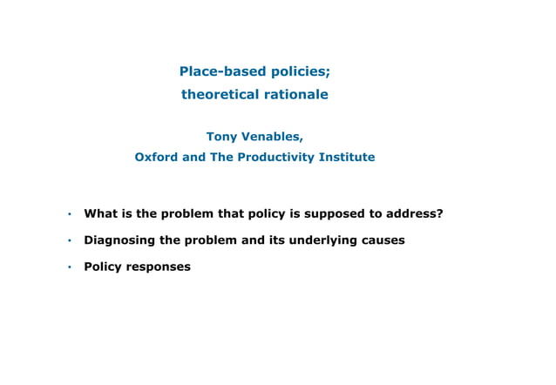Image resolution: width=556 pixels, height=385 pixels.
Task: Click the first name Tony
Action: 221,136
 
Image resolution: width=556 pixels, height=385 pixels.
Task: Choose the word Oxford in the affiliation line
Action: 155,158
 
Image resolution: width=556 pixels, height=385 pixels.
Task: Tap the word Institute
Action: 348,158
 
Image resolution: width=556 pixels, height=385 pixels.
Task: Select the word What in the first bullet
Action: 98,213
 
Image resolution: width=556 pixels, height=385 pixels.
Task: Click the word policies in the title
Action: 299,71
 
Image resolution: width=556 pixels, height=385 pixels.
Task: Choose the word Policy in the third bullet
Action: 103,267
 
